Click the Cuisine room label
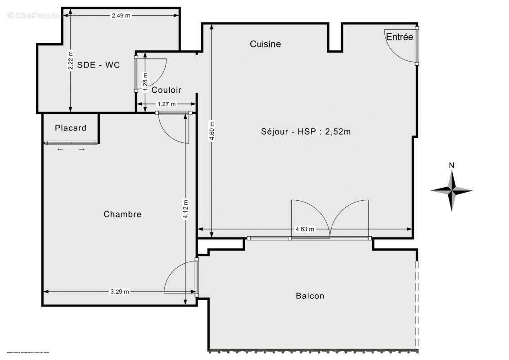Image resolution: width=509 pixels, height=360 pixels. point(265,44)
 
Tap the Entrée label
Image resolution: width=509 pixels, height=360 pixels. point(400,37)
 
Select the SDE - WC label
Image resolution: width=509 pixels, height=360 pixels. point(99,65)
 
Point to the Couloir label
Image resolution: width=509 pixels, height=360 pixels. point(166,90)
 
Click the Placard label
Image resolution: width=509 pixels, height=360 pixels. point(71,128)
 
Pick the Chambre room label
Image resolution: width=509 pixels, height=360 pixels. point(122,214)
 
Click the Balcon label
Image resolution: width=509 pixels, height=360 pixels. point(310,296)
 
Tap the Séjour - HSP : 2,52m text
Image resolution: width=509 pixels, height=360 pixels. point(306,132)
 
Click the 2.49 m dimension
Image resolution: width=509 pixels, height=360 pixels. point(121,15)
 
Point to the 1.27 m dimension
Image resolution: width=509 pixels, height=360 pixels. point(167,104)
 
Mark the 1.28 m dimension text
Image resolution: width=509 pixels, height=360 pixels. point(145,82)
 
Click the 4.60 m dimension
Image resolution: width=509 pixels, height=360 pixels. point(212,130)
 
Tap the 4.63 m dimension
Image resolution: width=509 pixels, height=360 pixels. point(305,229)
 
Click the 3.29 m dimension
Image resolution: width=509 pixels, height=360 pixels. point(120,292)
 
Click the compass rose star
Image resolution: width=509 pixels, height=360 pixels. point(451,190)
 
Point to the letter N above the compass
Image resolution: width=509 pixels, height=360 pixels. point(451,166)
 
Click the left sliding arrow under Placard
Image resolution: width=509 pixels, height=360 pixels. point(60,149)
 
